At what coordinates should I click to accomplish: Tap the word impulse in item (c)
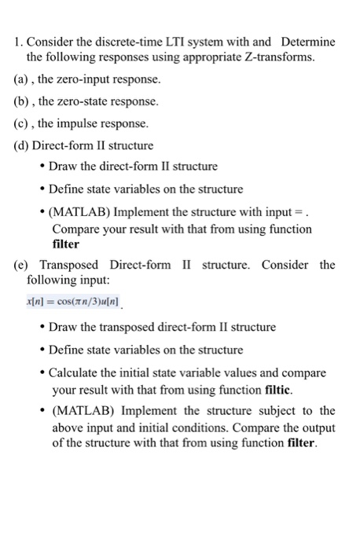96,124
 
